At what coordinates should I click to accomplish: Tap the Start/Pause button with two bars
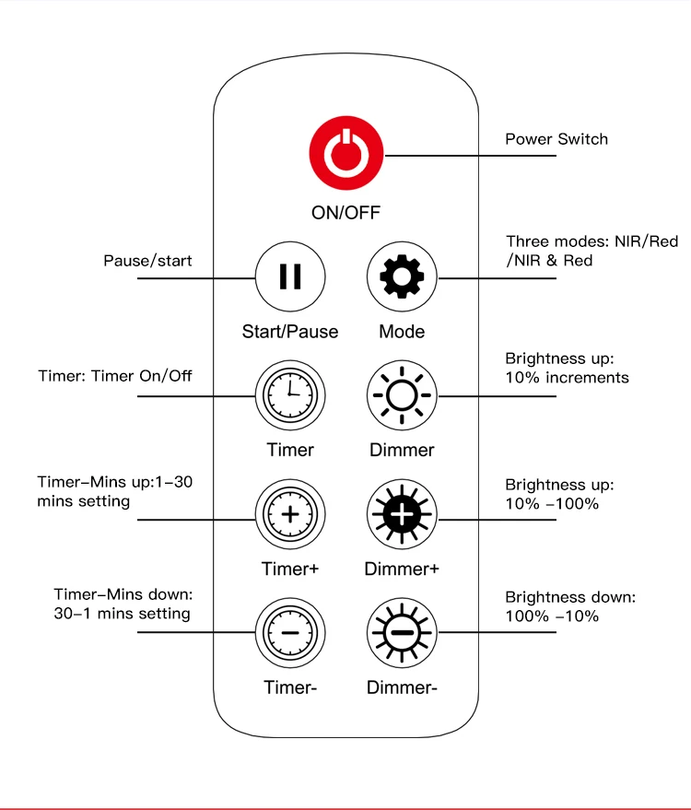click(289, 276)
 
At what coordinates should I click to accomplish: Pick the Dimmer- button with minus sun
click(403, 633)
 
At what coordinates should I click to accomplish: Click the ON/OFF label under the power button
click(345, 212)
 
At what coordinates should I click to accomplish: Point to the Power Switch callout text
click(556, 139)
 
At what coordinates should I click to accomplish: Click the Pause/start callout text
click(147, 261)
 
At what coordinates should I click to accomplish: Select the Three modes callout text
click(591, 251)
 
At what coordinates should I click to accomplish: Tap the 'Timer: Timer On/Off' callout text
click(115, 376)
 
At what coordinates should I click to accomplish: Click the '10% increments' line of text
click(567, 377)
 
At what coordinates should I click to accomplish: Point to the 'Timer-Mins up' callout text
click(114, 491)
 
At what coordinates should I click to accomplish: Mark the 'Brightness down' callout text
click(570, 606)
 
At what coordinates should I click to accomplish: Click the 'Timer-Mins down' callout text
click(122, 604)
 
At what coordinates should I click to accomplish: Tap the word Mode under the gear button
click(402, 331)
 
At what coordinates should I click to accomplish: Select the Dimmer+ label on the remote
click(402, 569)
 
